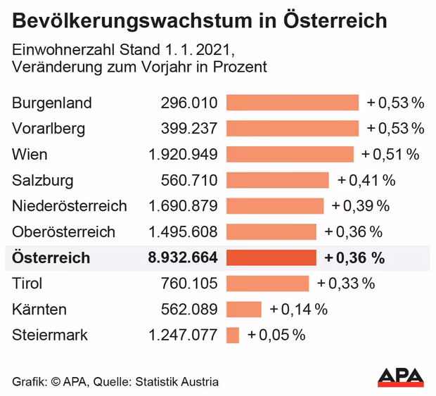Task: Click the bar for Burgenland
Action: point(292,103)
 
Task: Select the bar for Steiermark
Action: point(233,335)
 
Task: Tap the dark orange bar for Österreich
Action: point(271,257)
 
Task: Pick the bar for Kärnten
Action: point(243,309)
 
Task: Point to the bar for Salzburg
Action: point(277,180)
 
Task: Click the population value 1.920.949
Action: point(183,154)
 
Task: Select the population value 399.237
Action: point(188,129)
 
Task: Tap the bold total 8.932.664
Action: point(182,257)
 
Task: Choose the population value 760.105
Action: point(188,283)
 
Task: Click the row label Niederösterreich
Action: point(69,206)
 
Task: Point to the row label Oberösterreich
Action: point(63,231)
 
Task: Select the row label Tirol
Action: point(27,283)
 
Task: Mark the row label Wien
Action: point(30,154)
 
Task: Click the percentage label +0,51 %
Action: point(390,154)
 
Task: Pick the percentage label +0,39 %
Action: point(360,206)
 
